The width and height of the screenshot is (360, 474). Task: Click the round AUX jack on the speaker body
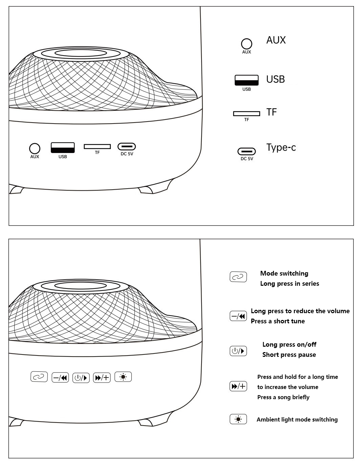[35, 148]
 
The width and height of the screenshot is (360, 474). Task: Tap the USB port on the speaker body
[63, 148]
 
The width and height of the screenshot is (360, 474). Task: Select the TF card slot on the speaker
[97, 146]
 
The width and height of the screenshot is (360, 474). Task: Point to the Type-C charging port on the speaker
[127, 146]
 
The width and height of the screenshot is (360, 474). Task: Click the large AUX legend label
[276, 40]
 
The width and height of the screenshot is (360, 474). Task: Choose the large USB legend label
[275, 79]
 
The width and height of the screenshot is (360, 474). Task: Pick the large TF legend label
[272, 112]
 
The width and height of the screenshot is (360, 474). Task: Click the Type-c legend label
[281, 148]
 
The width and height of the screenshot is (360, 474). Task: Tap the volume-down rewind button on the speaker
[60, 378]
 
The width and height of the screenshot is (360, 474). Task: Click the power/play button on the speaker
[81, 378]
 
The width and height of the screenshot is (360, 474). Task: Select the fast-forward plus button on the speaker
[102, 377]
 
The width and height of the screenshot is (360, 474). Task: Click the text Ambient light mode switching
[297, 419]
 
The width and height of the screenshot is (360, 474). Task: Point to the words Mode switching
[284, 273]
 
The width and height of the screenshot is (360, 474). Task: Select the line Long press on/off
[289, 344]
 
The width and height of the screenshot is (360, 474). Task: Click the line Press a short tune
[278, 321]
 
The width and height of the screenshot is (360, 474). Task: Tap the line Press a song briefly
[283, 397]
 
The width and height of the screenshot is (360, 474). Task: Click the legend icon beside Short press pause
[238, 351]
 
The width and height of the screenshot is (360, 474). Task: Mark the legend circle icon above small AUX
[247, 44]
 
